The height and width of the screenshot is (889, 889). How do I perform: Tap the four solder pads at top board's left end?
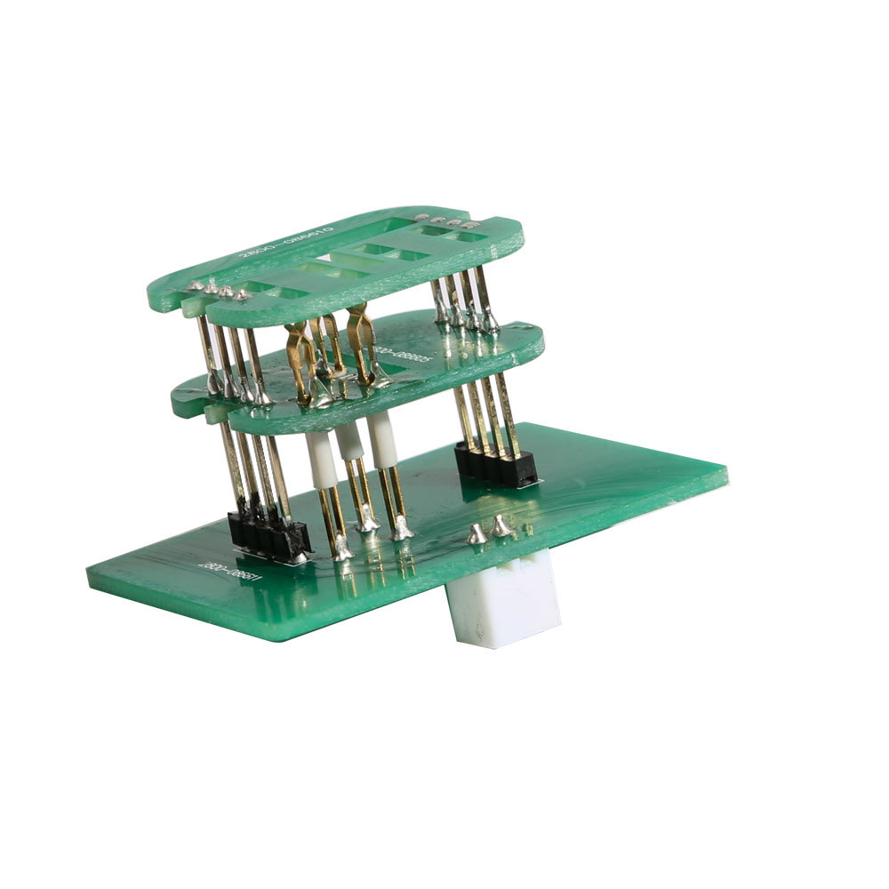[x=216, y=291]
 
